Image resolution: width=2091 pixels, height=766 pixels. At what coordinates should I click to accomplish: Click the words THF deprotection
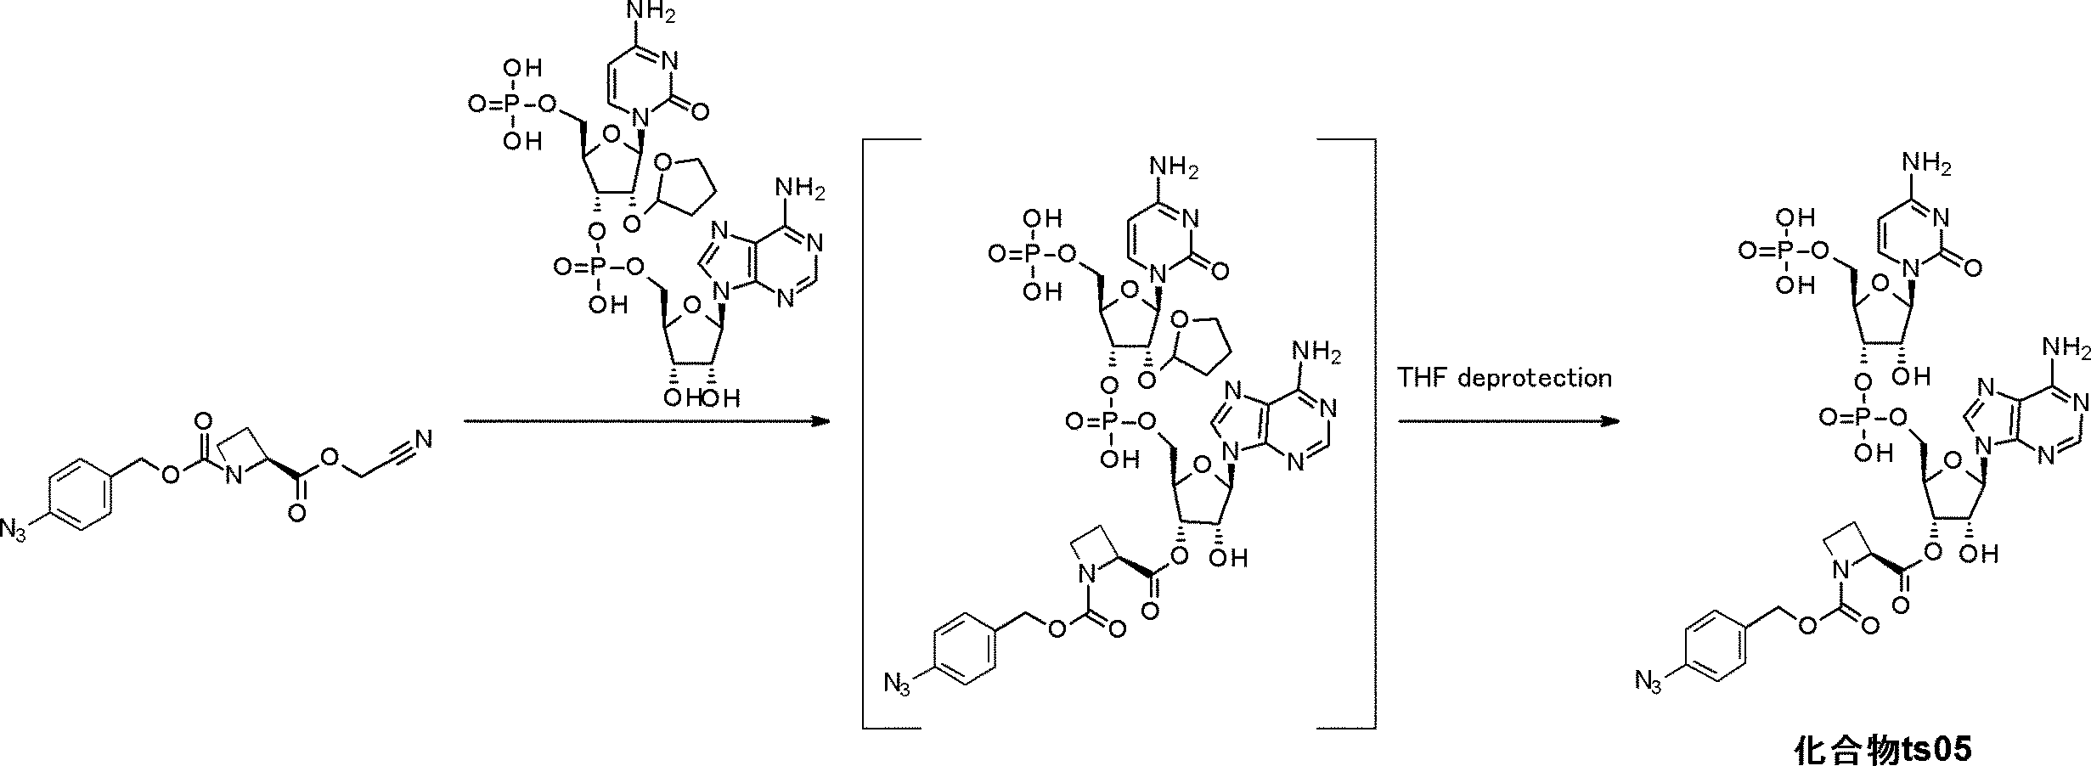point(1504,377)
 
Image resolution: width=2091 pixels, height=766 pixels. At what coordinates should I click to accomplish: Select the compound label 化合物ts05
point(1881,749)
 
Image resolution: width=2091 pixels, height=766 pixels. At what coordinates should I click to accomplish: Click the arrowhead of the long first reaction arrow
point(820,421)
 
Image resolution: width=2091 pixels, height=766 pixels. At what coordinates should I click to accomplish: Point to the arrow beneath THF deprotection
point(1508,421)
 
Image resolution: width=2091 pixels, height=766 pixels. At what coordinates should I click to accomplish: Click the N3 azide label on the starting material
point(14,532)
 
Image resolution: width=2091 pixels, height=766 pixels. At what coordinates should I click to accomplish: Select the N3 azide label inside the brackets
point(897,682)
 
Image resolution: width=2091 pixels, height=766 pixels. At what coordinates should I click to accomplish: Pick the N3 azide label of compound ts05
point(1648,679)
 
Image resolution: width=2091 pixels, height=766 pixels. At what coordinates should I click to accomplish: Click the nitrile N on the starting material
point(424,439)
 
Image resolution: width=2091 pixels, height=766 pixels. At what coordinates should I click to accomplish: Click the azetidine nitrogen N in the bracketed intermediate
point(1081,575)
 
